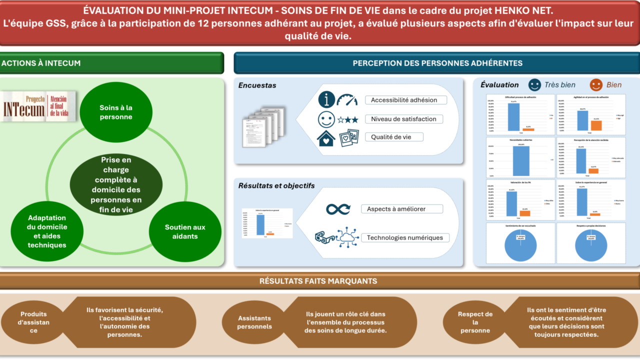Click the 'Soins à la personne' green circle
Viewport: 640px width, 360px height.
point(116,112)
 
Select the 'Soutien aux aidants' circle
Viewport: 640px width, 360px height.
point(185,232)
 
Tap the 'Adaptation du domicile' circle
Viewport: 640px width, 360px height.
point(47,231)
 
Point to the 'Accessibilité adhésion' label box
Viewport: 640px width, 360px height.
point(405,100)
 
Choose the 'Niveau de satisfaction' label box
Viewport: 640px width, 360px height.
point(405,119)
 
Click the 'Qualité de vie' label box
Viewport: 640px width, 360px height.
point(394,137)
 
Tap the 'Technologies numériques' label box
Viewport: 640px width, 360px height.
point(405,238)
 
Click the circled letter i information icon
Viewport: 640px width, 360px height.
point(326,99)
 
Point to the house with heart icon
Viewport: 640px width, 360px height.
point(326,138)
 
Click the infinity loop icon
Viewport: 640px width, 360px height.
point(338,209)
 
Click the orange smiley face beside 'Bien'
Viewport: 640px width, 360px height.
point(595,84)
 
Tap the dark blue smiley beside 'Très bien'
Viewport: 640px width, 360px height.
point(534,84)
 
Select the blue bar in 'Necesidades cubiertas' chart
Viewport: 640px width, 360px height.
point(520,161)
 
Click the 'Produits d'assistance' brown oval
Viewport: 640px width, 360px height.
point(33,322)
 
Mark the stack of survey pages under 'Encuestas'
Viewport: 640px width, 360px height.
point(263,126)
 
